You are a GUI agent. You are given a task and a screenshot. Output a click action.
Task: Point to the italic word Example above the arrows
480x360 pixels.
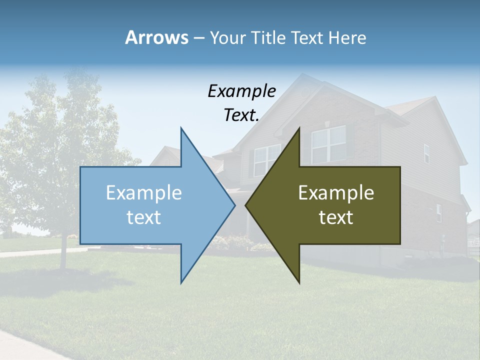[x=241, y=91]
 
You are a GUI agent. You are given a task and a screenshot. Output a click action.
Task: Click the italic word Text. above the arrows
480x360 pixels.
[x=241, y=115]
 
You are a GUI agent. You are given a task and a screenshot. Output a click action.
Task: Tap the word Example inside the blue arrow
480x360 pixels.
[x=143, y=192]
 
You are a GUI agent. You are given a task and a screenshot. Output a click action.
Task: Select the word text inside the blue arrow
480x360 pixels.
[x=143, y=217]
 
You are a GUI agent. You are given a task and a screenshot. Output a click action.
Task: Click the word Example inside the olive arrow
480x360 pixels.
[x=336, y=192]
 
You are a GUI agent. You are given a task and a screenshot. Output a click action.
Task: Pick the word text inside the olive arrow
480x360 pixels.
[x=336, y=217]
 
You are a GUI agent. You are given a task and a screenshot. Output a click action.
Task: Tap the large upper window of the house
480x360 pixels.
[x=328, y=144]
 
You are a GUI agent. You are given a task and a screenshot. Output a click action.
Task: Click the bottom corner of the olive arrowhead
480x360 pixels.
[x=299, y=282]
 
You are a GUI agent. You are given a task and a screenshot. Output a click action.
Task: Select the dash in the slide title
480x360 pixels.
[x=198, y=38]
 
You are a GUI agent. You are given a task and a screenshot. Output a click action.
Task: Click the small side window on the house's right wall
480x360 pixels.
[x=426, y=153]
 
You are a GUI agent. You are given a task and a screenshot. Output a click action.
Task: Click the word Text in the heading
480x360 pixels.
[x=307, y=37]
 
